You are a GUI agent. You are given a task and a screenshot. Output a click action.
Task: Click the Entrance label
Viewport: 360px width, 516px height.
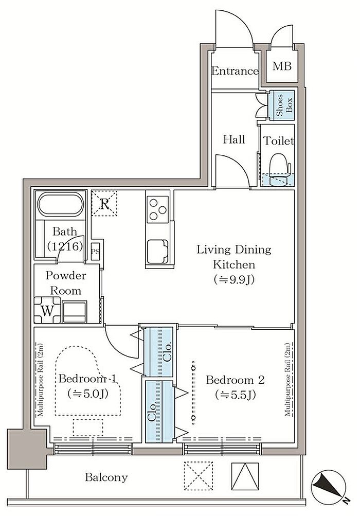[x=235, y=71]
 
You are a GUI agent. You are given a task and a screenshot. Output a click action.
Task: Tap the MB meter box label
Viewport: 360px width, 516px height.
[x=282, y=66]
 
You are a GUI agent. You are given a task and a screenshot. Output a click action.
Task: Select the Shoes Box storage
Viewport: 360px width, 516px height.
[x=282, y=105]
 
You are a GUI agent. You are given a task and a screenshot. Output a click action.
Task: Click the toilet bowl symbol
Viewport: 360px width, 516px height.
[x=279, y=169]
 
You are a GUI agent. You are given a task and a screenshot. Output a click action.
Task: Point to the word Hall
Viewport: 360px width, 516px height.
[x=234, y=139]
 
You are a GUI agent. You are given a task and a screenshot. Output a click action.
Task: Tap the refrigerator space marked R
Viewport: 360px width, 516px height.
[x=104, y=203]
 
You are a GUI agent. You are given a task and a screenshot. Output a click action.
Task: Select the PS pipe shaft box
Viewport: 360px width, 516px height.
[x=96, y=252]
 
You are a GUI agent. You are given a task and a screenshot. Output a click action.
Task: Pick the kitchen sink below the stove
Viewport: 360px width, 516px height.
[x=157, y=252]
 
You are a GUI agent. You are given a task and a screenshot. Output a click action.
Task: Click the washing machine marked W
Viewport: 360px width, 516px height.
[x=47, y=310]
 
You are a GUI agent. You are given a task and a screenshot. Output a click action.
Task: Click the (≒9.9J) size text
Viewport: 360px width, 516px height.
[x=234, y=280]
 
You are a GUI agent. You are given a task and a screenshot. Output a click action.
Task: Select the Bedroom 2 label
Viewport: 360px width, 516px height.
[x=235, y=380]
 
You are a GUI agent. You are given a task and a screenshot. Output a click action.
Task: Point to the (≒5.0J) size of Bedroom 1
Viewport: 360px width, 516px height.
[x=88, y=393]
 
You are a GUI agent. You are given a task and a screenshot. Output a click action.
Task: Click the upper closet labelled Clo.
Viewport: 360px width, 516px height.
[x=158, y=351]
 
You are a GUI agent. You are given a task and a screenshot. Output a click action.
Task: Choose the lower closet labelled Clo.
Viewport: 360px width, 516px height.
[x=159, y=412]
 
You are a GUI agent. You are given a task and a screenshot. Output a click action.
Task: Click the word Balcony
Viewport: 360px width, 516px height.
[x=106, y=477]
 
